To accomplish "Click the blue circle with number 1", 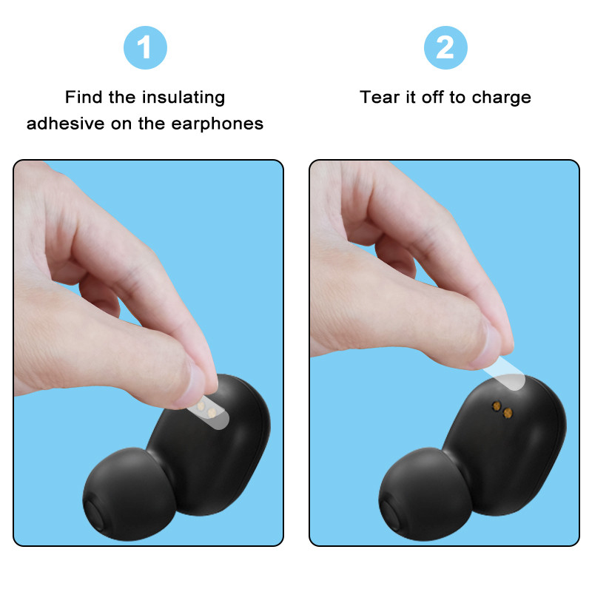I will tap(145, 47).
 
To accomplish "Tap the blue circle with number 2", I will tap(445, 47).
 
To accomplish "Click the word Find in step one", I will tap(81, 97).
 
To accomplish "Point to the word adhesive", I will tap(64, 123).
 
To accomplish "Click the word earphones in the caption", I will tap(218, 123).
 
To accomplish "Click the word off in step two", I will tap(432, 97).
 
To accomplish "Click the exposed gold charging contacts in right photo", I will tap(502, 409).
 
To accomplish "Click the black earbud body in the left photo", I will tap(222, 451).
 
